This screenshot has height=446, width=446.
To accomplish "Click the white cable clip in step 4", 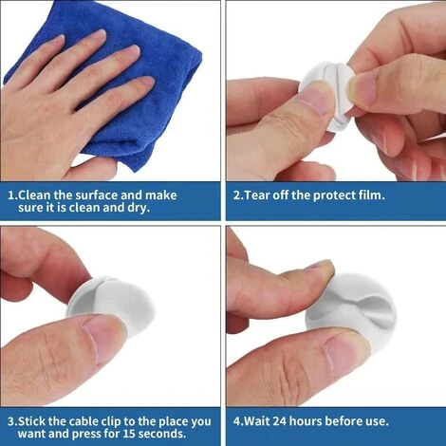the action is click(x=351, y=313).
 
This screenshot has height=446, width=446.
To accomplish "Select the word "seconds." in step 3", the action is click(x=162, y=434).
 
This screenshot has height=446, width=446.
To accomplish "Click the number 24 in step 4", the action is click(x=280, y=421).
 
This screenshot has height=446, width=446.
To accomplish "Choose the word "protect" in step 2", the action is click(x=334, y=195).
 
